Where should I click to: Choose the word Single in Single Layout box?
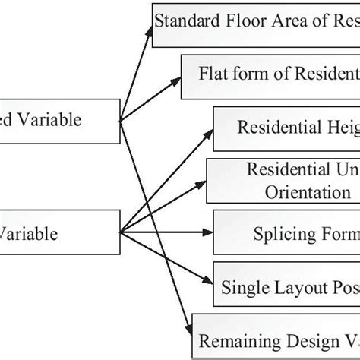click(242, 287)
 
